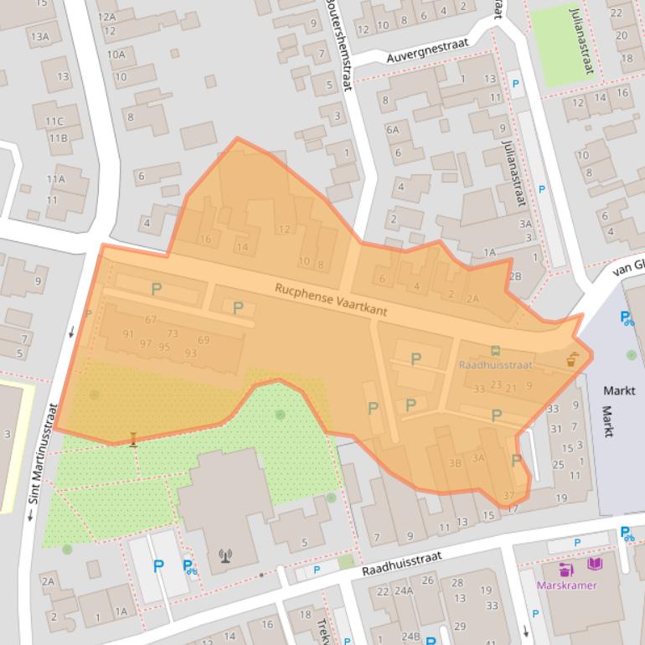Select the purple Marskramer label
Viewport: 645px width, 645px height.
pos(567,586)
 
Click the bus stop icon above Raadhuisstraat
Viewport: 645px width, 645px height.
pos(495,351)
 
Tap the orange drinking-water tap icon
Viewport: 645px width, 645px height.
pos(572,360)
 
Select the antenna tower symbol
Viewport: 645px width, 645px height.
pos(224,554)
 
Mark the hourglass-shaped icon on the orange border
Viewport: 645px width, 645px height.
pos(133,439)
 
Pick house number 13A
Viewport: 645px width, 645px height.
pos(39,36)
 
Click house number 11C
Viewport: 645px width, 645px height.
pos(54,121)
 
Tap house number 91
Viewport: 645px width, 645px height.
pos(128,334)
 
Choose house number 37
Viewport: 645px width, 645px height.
pos(508,496)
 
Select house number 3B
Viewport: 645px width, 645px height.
pos(455,462)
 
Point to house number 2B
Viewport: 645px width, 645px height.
pos(514,276)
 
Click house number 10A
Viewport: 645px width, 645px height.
pos(116,54)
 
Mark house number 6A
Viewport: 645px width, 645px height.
pos(392,130)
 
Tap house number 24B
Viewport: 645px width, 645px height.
pos(410,636)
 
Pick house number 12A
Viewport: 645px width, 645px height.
pos(106,17)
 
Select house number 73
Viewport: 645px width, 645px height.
pos(173,334)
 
